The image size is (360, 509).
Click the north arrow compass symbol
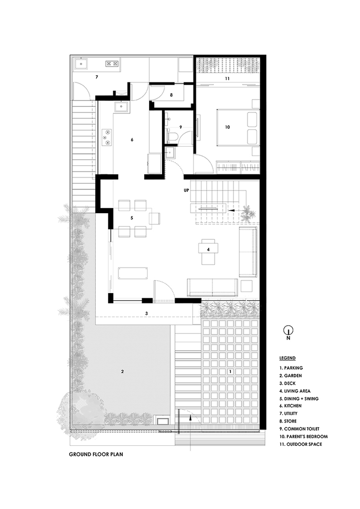pos(288,331)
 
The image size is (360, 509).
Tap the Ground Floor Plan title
pos(95,456)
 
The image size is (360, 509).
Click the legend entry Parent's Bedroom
pos(303,436)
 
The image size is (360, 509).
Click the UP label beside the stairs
pos(187,190)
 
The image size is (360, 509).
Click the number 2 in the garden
pos(122,371)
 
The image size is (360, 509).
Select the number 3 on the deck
pos(147,313)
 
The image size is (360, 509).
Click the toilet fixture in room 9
pos(173,135)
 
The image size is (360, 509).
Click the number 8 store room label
pos(172,95)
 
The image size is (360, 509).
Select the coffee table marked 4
pos(208,249)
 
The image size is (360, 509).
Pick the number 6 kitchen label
pos(132,139)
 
